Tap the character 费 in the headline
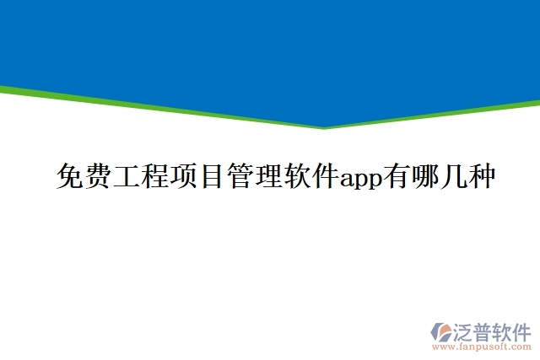(x=97, y=178)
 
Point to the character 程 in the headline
(x=154, y=178)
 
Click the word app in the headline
(x=360, y=180)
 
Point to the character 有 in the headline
(x=397, y=178)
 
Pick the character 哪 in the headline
(x=424, y=178)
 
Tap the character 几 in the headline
(x=453, y=178)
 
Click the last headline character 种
(x=482, y=178)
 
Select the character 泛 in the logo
(x=464, y=330)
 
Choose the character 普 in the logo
(x=484, y=330)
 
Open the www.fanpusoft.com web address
(x=482, y=346)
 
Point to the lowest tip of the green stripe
(x=323, y=127)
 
